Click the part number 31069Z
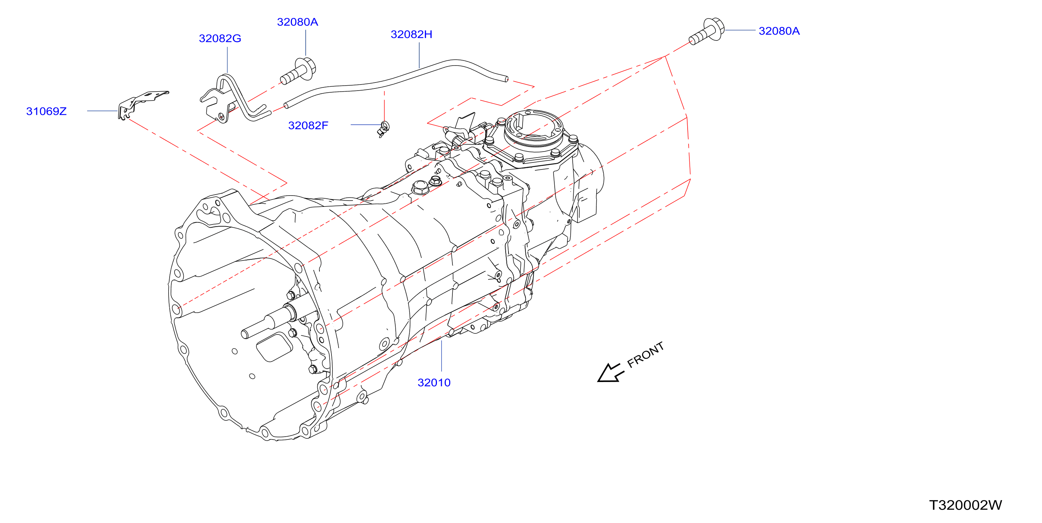[x=46, y=111]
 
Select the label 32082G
[x=220, y=38]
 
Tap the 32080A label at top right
[x=779, y=31]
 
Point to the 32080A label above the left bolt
[x=297, y=22]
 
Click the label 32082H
[x=412, y=34]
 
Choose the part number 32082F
[x=308, y=125]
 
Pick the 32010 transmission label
[x=434, y=382]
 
